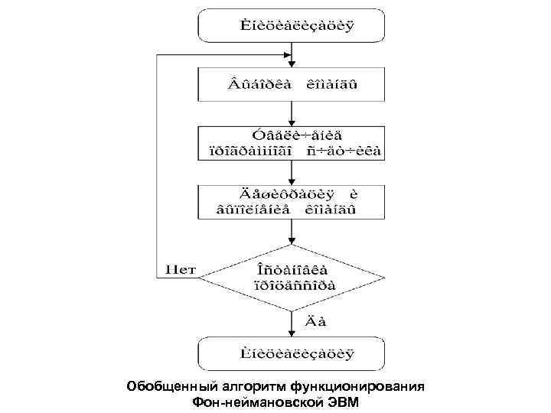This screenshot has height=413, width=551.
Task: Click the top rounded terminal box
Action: coord(292,25)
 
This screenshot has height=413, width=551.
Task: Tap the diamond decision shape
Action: coord(292,278)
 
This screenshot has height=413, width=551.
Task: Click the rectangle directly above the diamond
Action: coord(292,200)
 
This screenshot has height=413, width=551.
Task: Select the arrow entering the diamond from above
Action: coord(292,231)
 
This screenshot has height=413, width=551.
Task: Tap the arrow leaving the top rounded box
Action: coord(292,54)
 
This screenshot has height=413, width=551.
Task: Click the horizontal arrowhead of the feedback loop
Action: coord(285,54)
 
